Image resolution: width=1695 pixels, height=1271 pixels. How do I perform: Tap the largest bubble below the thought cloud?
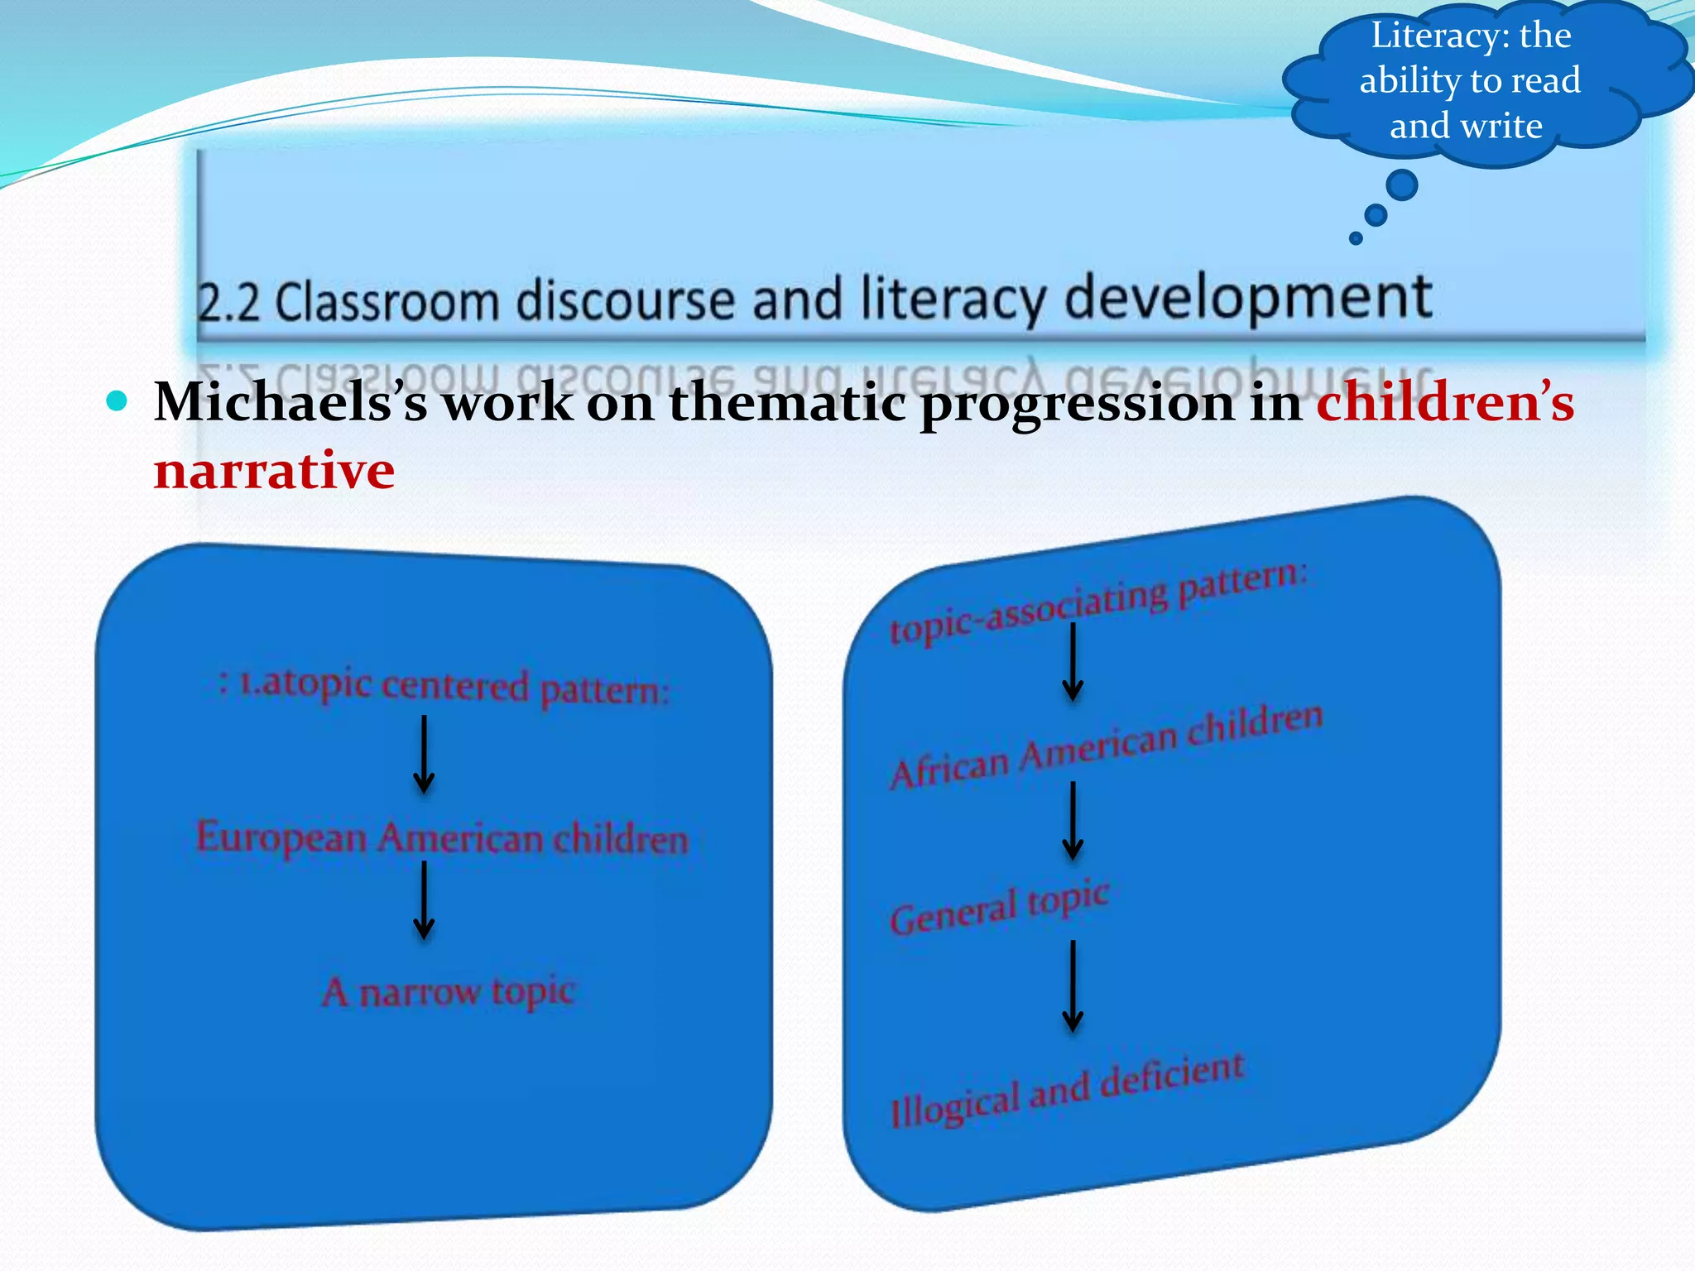click(1401, 185)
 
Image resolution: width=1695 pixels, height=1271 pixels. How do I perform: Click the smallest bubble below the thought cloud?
click(1356, 238)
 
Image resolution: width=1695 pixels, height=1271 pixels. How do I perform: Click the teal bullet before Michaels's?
click(118, 402)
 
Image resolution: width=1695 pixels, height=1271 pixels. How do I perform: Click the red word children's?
click(1445, 402)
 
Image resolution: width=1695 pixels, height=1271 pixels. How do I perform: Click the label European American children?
click(442, 837)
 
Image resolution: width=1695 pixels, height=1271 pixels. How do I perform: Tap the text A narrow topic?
click(448, 990)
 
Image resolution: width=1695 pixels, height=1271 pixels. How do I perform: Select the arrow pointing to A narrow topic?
click(424, 899)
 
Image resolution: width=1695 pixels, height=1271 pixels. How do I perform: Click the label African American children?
click(1106, 746)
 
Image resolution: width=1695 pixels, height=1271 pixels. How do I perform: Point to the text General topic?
click(998, 908)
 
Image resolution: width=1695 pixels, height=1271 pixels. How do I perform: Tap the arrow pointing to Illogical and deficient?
click(1073, 986)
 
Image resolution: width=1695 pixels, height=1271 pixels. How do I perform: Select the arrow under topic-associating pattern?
click(1073, 662)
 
